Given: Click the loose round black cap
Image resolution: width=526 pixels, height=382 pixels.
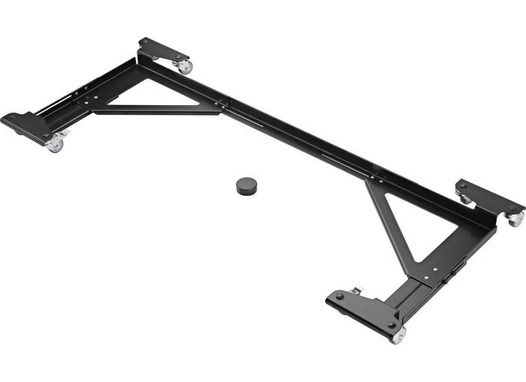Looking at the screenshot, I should pos(246,185).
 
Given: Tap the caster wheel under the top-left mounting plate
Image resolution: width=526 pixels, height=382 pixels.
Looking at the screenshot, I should pos(184,67).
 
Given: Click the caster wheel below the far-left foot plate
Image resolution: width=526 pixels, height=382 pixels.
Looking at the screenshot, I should pos(55,144).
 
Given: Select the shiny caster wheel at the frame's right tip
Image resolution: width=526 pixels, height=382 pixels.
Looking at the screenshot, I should pos(515,219).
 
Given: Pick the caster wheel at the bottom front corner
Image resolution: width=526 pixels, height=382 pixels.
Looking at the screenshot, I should pos(397,335).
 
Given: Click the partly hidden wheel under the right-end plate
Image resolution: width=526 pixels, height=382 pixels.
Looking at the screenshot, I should pos(466,199).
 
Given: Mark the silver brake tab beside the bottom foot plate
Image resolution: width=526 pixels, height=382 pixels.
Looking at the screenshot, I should pos(355,290).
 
